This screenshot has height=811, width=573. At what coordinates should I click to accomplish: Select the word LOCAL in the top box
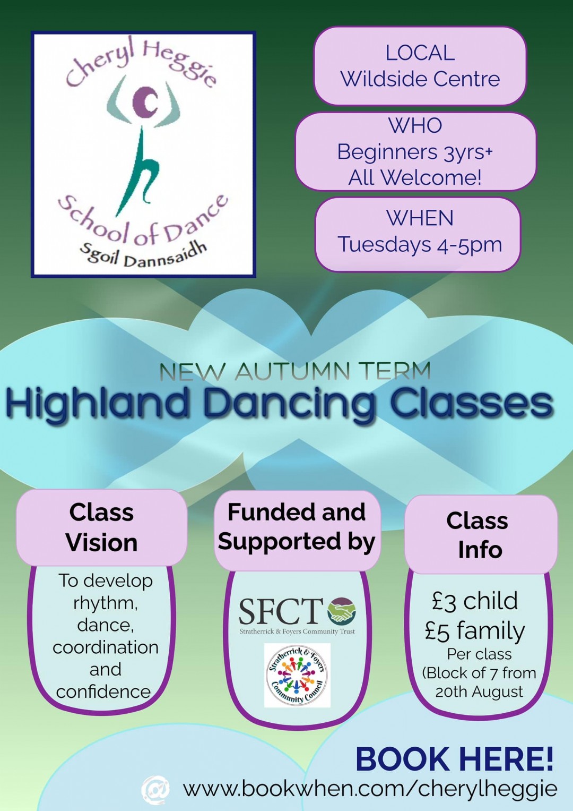pos(420,53)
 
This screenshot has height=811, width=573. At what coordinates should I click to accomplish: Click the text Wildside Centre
pos(420,79)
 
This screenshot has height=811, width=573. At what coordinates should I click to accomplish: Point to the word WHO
pos(415,126)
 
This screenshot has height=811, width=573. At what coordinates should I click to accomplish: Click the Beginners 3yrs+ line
pos(415,152)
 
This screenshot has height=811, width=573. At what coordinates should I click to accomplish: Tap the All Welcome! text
pos(415,177)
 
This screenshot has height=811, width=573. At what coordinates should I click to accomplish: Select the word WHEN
pos(420,218)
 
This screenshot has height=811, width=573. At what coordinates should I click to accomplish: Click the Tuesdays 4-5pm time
pos(420,245)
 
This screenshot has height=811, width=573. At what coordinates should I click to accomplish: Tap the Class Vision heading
pos(102,527)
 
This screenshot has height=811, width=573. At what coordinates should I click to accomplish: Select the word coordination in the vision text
pos(105,647)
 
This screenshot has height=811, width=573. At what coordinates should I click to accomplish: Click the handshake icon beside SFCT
pos(341,611)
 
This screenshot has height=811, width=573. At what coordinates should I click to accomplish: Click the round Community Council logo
pos(297,675)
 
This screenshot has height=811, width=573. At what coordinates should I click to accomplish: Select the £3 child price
pos(475,602)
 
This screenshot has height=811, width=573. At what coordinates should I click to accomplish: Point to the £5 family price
pos(475,632)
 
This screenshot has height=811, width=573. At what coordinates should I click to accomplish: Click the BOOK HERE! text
pos(454,759)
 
